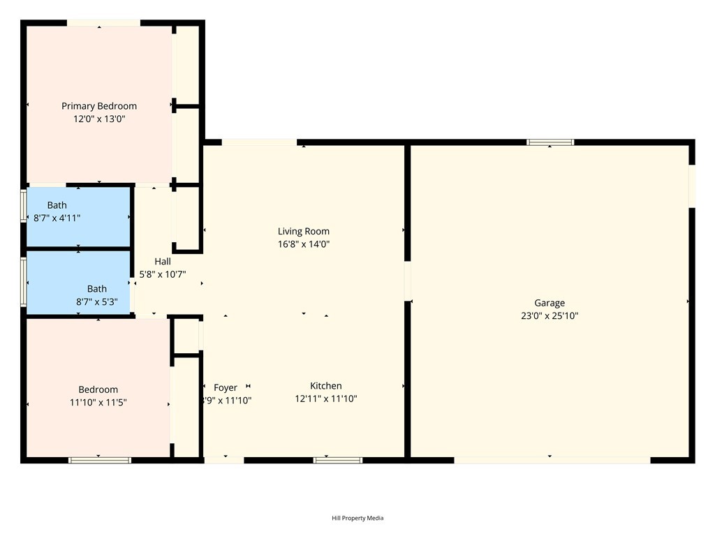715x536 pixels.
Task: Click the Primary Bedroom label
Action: (x=99, y=106)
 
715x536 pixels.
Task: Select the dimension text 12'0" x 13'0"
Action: (x=99, y=119)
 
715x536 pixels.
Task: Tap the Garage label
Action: (x=550, y=303)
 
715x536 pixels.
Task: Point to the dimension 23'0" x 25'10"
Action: (x=550, y=315)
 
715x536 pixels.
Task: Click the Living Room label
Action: (x=303, y=232)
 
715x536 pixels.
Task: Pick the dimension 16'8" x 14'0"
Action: (x=303, y=244)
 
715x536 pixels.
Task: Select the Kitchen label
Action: (x=326, y=386)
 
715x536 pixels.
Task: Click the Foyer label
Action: (x=226, y=387)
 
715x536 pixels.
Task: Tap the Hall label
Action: (x=163, y=262)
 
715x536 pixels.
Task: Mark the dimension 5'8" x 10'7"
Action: (x=163, y=274)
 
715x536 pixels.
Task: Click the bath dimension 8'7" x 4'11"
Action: (x=57, y=218)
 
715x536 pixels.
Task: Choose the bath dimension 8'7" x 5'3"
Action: (x=97, y=302)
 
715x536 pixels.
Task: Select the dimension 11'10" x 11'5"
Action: (x=98, y=403)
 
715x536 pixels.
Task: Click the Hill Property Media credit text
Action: (x=357, y=518)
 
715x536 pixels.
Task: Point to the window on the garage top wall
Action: (x=550, y=142)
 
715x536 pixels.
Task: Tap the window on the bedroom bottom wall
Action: (x=100, y=460)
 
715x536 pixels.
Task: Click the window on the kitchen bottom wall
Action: (x=338, y=460)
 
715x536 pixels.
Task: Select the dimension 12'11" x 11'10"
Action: (x=326, y=399)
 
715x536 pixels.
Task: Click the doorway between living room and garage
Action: (x=408, y=281)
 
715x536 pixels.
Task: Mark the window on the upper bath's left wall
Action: (x=24, y=205)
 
